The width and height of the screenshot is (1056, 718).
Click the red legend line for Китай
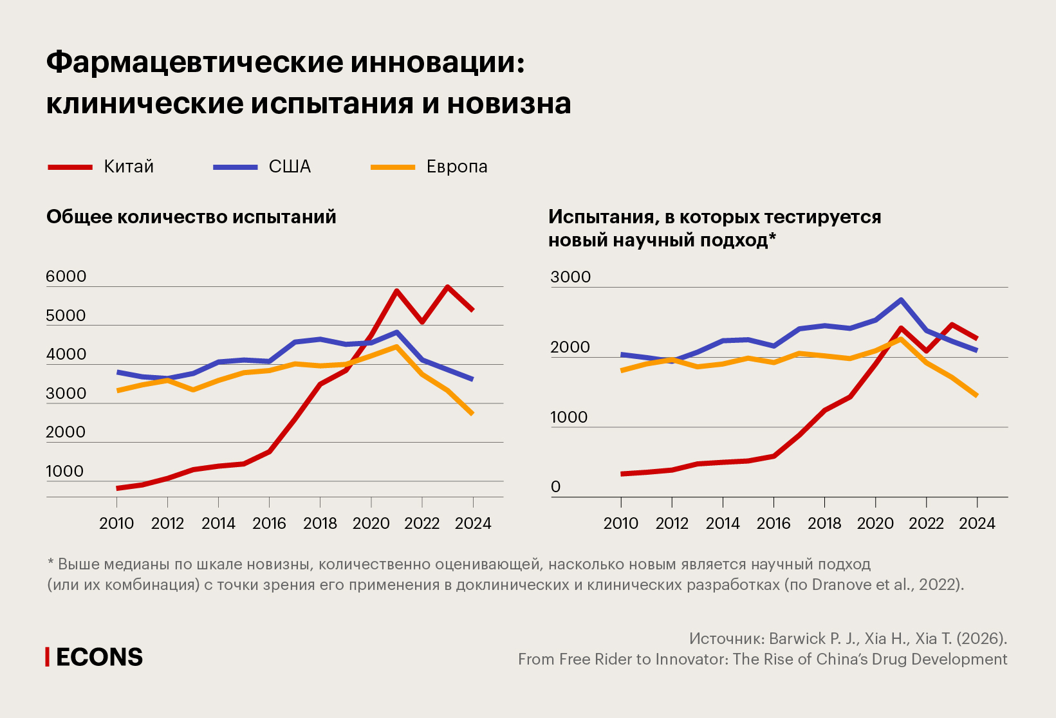70,167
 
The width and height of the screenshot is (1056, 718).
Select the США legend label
290,167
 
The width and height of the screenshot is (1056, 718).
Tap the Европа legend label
457,167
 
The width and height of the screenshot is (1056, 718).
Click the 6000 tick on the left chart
66,277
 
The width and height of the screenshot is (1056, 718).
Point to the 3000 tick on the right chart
570,277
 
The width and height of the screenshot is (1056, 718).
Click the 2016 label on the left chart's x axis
269,523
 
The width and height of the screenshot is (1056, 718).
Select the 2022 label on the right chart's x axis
926,523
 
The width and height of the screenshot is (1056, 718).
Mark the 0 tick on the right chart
556,487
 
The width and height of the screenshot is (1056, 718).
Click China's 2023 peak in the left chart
447,287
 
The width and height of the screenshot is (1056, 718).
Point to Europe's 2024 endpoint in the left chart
472,414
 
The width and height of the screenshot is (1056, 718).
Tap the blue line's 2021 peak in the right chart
901,300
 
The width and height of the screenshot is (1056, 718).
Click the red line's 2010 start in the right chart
622,474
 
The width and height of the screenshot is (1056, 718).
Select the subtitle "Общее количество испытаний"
191,217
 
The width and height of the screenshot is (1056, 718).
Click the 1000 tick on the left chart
64,472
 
